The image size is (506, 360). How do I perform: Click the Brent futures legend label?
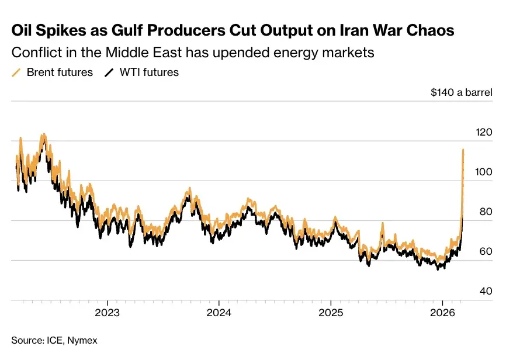[60, 72]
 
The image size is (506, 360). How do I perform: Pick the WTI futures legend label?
[149, 72]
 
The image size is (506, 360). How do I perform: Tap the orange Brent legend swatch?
[16, 73]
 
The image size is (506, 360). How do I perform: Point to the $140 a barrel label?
[461, 92]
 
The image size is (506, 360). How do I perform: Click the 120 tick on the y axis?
[484, 133]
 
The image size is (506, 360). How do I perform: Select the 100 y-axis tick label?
[484, 172]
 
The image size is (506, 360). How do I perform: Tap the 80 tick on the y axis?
[486, 212]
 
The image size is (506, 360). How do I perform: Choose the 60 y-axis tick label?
[486, 252]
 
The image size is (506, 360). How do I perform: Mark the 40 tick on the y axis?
[486, 292]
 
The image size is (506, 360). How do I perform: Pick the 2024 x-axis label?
[219, 312]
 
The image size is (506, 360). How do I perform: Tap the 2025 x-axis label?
[330, 312]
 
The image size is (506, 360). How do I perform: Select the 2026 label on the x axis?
[442, 312]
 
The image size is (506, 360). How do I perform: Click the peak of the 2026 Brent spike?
[463, 150]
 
